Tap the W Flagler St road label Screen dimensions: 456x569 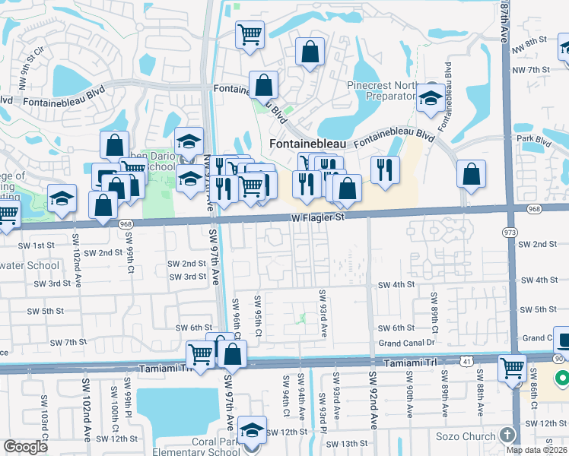(x=317, y=217)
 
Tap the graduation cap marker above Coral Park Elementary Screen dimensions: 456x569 (x=252, y=430)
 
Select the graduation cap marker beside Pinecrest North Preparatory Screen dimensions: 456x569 (x=431, y=98)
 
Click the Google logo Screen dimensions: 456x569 (x=25, y=447)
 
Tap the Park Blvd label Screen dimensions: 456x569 (x=532, y=140)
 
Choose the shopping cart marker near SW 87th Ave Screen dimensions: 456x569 (x=513, y=369)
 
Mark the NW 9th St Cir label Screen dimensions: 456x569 (x=24, y=52)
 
